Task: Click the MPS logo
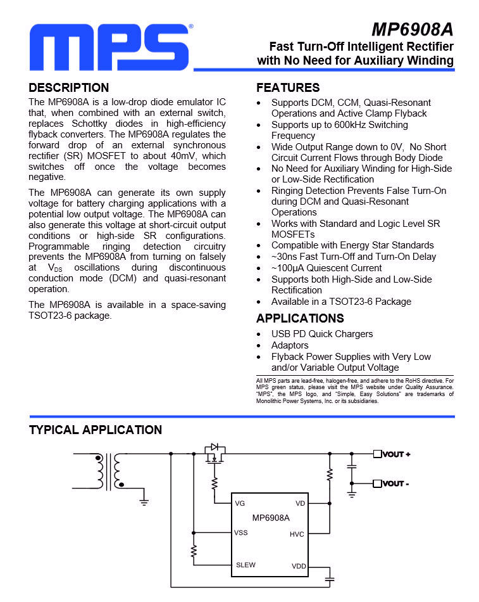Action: click(109, 49)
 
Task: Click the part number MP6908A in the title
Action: click(412, 29)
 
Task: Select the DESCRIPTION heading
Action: click(69, 88)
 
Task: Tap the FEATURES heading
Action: click(288, 88)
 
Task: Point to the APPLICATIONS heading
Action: click(300, 318)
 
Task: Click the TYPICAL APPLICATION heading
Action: click(96, 430)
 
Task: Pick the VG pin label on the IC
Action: click(240, 503)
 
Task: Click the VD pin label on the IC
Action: click(300, 503)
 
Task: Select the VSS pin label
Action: click(241, 532)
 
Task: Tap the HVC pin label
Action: click(297, 534)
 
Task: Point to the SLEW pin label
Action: click(246, 565)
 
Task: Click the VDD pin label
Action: click(298, 565)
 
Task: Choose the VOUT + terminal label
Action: click(397, 454)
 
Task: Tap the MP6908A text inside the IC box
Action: click(270, 518)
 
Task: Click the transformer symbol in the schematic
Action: click(109, 471)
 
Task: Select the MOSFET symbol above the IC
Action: click(215, 454)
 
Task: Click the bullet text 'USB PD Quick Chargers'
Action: click(322, 334)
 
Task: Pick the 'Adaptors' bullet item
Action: click(290, 345)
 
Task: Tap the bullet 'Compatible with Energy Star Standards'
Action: click(352, 245)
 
